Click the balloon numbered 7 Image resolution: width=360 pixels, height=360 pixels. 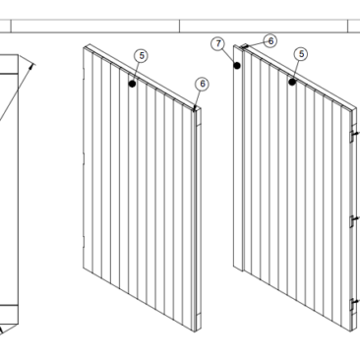coord(218,43)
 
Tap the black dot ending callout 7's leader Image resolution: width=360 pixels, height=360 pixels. coord(237,66)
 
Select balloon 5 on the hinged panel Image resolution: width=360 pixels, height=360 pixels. coord(301,54)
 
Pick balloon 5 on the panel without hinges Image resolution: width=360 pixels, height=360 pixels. coord(142,56)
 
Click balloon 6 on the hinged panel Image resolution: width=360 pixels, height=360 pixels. coord(270,41)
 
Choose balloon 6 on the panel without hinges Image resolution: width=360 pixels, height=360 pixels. coord(203,84)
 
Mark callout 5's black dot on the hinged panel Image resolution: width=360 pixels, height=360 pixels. coord(292,82)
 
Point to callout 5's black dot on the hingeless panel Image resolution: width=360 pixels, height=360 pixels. coord(132,84)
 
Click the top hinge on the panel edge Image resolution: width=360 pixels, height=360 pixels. coord(354,135)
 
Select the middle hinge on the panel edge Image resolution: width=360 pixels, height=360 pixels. coord(354,220)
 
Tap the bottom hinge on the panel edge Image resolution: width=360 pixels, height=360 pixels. coord(354,305)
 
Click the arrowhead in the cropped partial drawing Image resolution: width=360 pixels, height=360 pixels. coord(31,66)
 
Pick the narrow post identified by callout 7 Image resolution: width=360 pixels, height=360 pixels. coord(238,158)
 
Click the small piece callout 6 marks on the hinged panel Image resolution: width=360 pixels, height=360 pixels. coord(244,46)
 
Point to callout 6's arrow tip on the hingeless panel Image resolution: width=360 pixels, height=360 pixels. coord(195,109)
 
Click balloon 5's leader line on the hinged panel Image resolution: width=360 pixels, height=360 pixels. coord(296,71)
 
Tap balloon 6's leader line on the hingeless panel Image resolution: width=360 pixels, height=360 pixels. coord(198,99)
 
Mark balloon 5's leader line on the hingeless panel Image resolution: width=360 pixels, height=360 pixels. coord(136,73)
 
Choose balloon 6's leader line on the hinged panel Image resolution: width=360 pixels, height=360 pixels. coord(255,44)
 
